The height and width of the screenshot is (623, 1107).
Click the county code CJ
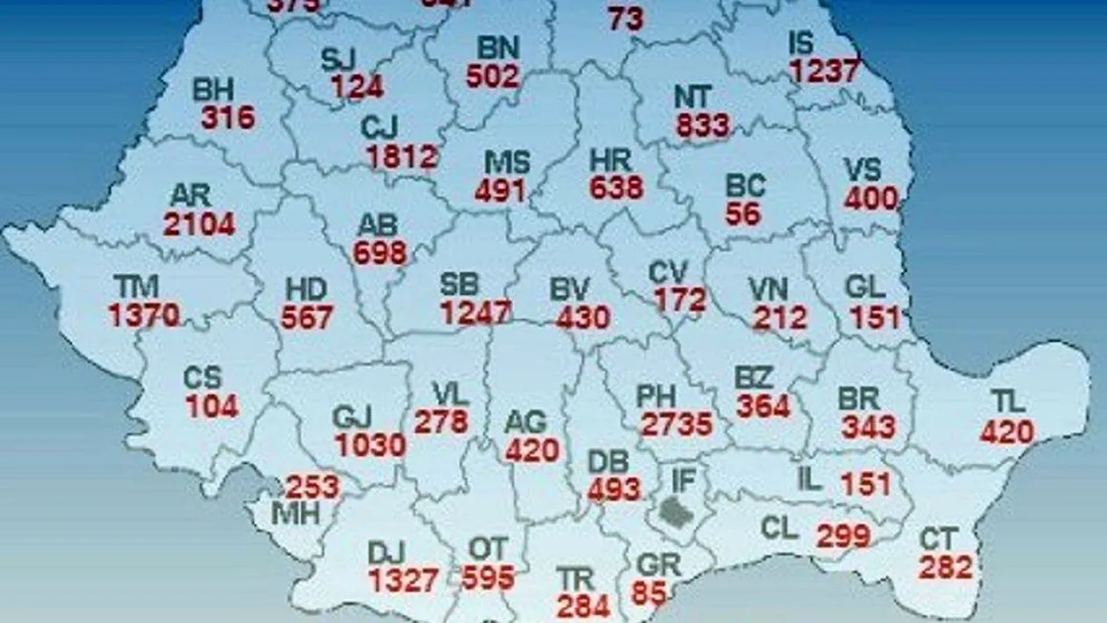(380, 128)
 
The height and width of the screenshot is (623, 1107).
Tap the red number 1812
(402, 157)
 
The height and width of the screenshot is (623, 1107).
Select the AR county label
(191, 195)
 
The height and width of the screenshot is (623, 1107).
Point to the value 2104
(199, 224)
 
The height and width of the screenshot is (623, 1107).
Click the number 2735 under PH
(676, 424)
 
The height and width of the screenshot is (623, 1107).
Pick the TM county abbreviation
(135, 286)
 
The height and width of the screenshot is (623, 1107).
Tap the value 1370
(144, 315)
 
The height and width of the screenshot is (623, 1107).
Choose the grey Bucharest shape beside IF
(676, 511)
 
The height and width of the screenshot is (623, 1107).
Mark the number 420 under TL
(1007, 431)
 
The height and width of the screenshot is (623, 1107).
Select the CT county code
(938, 539)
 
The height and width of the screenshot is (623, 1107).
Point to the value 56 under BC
(743, 215)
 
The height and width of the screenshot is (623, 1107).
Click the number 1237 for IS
(823, 71)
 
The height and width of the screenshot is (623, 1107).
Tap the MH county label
(296, 513)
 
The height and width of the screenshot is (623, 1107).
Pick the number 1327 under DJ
(403, 581)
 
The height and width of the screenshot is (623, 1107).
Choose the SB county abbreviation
(459, 284)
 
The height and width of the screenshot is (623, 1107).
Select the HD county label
(306, 289)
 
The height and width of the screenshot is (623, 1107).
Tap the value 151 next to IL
(865, 483)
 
